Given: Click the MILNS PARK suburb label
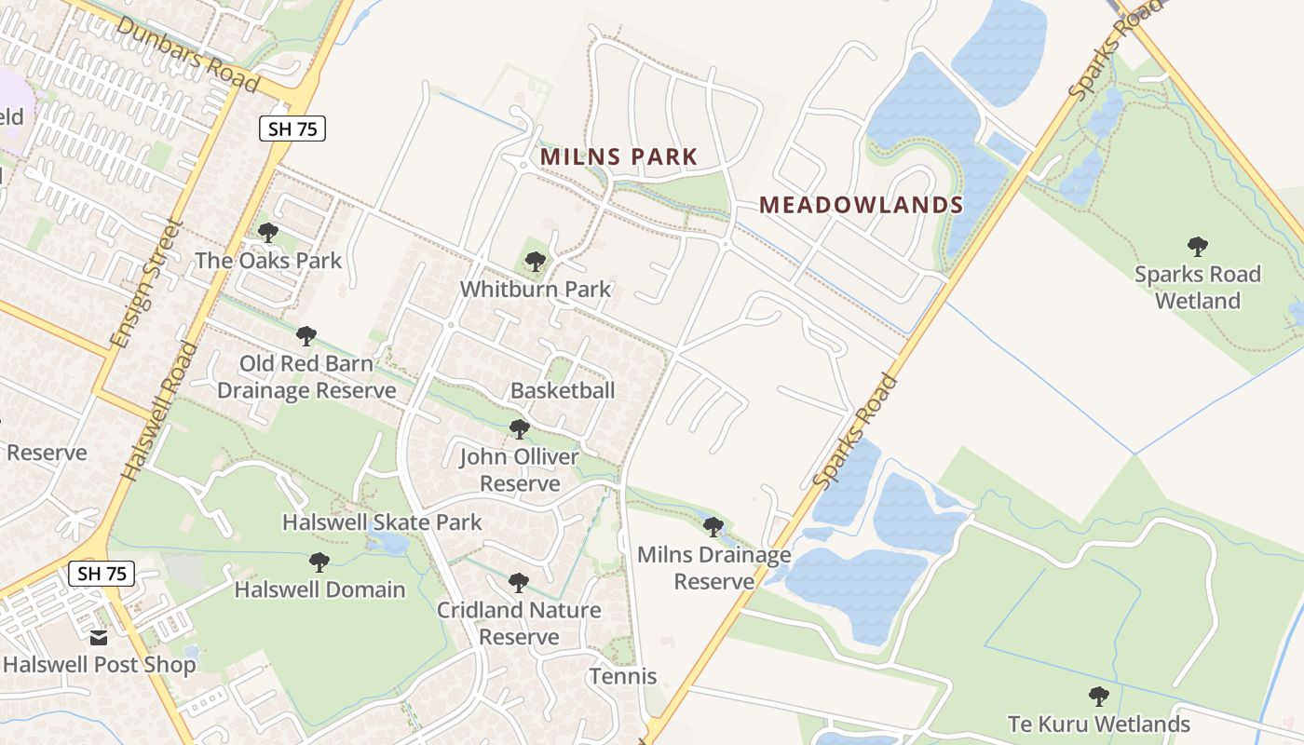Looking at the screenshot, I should point(618,156).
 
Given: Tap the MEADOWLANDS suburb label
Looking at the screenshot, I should point(861,205).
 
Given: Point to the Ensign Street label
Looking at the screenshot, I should point(145,283).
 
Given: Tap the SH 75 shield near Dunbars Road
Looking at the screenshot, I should point(292,129).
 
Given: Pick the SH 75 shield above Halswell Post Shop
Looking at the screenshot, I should point(102,574).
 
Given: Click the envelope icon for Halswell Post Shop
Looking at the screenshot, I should point(99,638).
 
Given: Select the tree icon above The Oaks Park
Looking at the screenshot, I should point(268,233).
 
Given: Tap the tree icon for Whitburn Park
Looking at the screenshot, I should point(535,262).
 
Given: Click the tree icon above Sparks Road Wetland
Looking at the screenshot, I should point(1197,247).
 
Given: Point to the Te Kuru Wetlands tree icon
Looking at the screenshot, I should point(1099,696).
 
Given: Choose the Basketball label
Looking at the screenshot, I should point(563,390).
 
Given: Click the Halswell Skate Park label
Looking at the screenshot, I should point(382,521).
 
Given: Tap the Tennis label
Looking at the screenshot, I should point(623,676).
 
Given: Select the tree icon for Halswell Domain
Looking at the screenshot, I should point(319,562).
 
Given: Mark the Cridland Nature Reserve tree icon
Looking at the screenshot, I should point(519,583).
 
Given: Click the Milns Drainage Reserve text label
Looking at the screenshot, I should point(713,568).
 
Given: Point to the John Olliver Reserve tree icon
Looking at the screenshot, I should point(519,429).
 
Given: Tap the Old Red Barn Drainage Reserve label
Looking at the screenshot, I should point(306,377).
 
